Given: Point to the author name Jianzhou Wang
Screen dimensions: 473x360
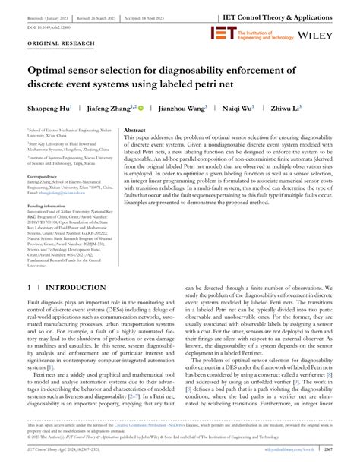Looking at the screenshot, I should coord(182,109).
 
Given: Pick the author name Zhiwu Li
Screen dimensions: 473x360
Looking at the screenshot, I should coord(288,109).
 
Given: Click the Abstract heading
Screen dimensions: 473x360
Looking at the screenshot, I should coord(137,131).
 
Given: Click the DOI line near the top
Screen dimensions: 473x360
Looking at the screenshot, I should coord(52,24).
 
